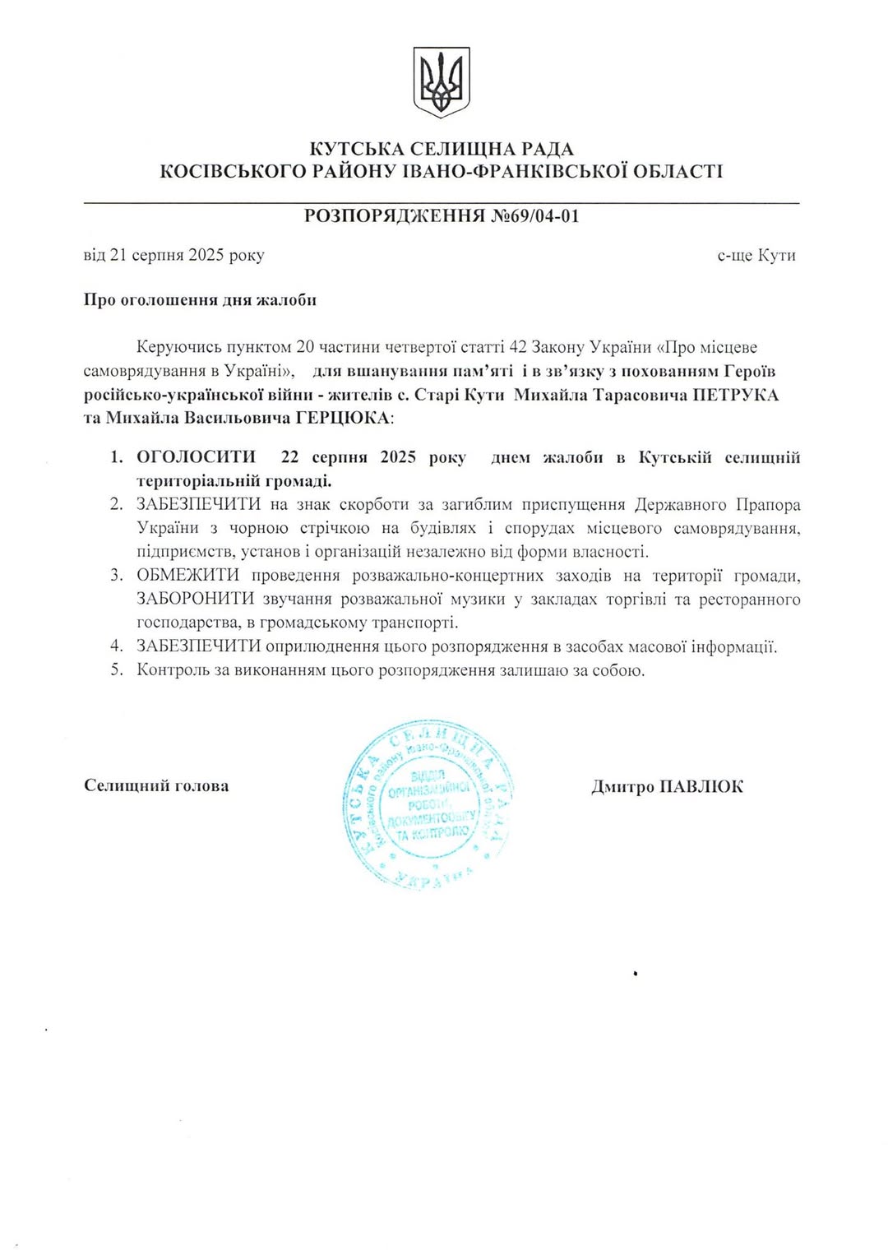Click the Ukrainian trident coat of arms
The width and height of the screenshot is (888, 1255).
click(x=442, y=82)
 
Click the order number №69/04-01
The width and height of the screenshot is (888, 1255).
click(x=535, y=216)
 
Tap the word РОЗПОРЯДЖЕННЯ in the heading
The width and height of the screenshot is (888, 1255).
click(x=395, y=216)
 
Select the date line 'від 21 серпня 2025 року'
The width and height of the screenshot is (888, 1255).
click(x=173, y=255)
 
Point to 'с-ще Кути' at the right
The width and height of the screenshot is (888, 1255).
click(x=756, y=255)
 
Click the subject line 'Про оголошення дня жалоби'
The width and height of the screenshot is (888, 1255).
click(x=200, y=300)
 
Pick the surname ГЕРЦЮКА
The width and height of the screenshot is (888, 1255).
click(x=340, y=418)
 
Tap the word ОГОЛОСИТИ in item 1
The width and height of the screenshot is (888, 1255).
click(x=196, y=457)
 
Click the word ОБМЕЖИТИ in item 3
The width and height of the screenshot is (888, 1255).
click(x=187, y=576)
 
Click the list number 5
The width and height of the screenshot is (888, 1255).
click(x=117, y=670)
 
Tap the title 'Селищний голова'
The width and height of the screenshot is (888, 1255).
click(x=156, y=786)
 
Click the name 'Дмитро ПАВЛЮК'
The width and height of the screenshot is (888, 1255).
click(x=667, y=787)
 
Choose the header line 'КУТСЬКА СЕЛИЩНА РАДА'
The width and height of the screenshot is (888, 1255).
click(x=442, y=149)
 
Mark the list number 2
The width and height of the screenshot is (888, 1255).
click(x=117, y=505)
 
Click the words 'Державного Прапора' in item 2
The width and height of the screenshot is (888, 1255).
click(x=717, y=505)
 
